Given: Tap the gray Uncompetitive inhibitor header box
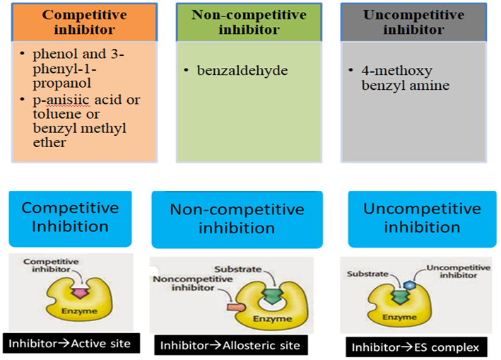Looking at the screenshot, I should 413,22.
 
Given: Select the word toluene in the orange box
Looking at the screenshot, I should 47,114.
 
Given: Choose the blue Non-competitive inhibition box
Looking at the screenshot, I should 237,219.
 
